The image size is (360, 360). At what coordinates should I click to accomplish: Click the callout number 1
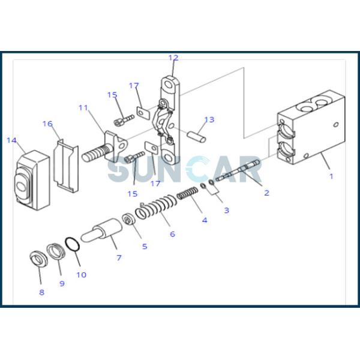[331, 176]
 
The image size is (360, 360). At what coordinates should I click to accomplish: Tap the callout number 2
[266, 193]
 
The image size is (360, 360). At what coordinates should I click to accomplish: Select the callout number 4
[205, 220]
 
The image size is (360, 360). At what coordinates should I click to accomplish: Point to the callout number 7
[119, 257]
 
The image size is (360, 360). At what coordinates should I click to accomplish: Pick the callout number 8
[41, 292]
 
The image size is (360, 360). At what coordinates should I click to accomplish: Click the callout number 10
[81, 275]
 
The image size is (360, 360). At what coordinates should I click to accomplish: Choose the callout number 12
[173, 58]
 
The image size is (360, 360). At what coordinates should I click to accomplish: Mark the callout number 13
[209, 119]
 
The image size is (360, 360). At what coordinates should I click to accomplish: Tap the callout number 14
[11, 140]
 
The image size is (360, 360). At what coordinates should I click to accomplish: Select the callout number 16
[47, 124]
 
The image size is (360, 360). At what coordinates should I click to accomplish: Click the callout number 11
[83, 108]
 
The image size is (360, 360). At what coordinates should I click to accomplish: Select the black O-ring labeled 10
[71, 245]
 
